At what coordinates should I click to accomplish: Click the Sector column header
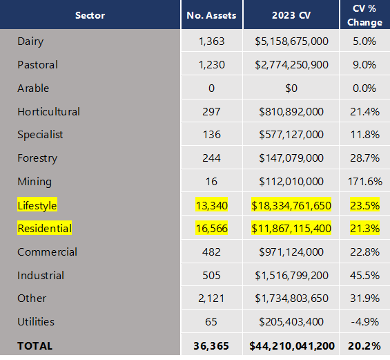click(90, 15)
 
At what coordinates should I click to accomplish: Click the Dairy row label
click(30, 41)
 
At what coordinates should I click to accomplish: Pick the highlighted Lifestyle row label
click(37, 205)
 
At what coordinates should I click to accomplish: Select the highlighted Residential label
click(44, 229)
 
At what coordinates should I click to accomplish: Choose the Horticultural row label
click(48, 111)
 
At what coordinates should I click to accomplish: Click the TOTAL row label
click(35, 345)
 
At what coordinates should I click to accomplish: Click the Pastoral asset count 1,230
click(211, 65)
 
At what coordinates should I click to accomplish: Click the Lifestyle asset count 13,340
click(211, 205)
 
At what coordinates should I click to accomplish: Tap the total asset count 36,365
click(211, 345)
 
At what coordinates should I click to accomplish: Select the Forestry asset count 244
click(211, 158)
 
